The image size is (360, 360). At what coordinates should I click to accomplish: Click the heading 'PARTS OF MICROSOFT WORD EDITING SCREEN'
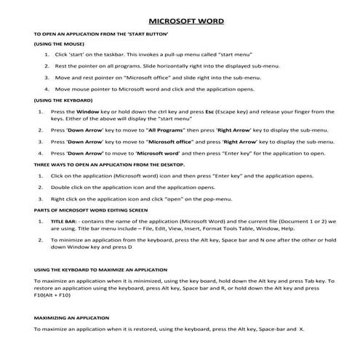(x=91, y=210)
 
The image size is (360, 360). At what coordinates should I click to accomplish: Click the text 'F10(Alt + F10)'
(x=53, y=297)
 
